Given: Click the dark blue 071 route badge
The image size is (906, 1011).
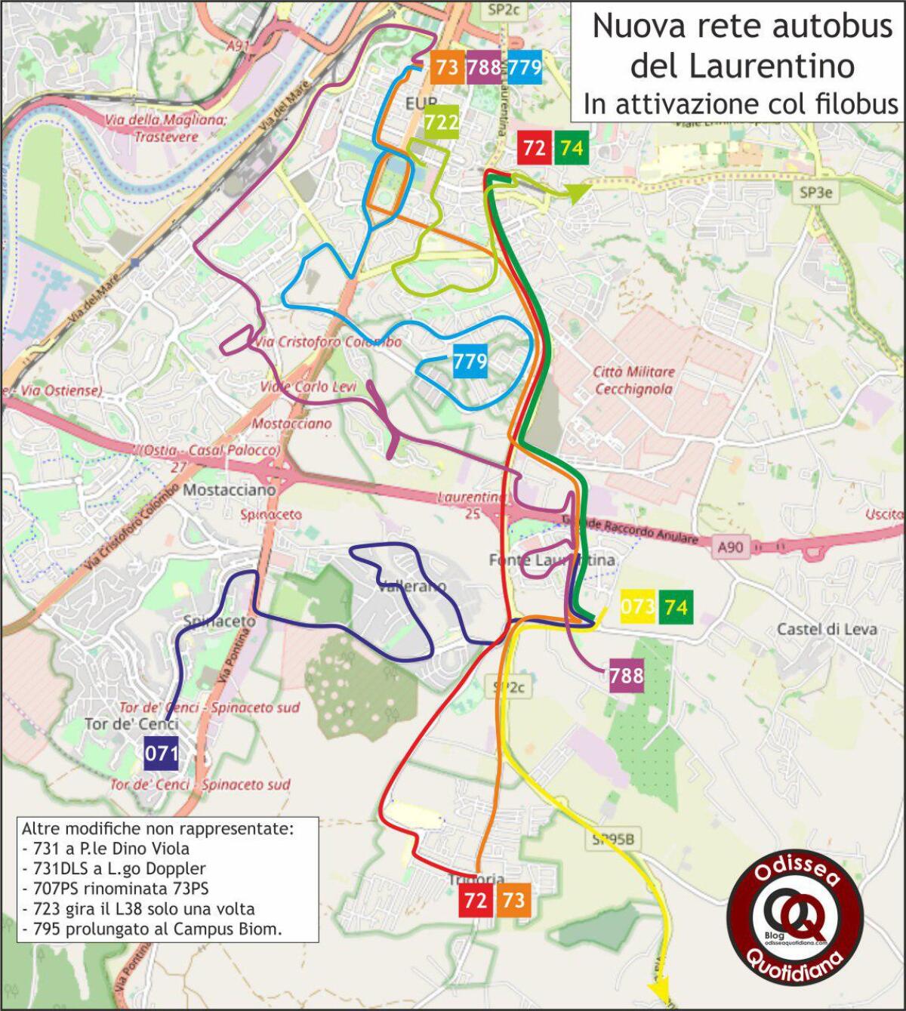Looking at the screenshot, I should point(161,753).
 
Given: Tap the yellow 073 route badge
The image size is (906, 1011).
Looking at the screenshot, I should point(638,606).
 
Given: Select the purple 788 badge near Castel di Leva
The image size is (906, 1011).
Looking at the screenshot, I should point(627,675).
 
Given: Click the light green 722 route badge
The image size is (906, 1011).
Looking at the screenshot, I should point(441,122).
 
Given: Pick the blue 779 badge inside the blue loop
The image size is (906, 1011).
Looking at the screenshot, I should point(470,362).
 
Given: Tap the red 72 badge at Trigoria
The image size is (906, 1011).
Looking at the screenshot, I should point(476,900).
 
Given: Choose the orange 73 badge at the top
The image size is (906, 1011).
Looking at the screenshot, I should point(447,68).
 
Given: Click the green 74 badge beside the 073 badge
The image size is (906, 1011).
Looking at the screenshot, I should point(676,606).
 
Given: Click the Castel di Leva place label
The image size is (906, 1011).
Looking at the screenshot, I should point(827,629).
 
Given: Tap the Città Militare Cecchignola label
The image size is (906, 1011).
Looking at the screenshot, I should point(633,381).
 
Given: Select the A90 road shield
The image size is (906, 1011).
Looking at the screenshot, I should point(730,547).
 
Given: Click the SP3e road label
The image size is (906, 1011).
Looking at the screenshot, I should point(815,193).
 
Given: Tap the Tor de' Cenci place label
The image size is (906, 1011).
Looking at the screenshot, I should point(131,724).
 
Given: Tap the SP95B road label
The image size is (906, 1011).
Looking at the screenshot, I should point(613,839).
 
